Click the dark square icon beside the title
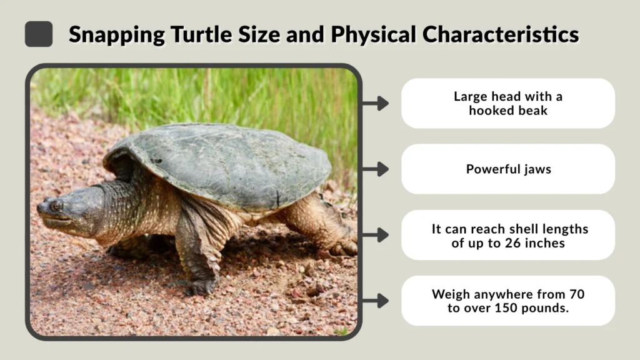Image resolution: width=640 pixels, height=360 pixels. (x=38, y=34)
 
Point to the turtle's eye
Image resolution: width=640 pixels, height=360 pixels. (x=56, y=205)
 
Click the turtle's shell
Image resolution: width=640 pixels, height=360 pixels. (x=225, y=162)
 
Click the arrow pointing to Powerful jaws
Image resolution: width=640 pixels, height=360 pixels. (x=375, y=169)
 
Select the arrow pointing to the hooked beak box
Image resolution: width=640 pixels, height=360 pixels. (x=375, y=103)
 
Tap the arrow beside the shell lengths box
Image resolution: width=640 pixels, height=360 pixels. (x=375, y=235)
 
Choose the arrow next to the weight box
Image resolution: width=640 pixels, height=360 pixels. (x=375, y=301)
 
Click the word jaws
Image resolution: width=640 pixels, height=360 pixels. (x=537, y=169)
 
